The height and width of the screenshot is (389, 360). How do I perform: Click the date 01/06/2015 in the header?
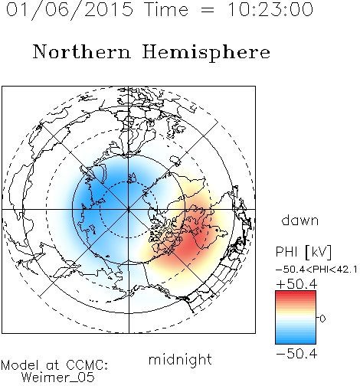coord(70,10)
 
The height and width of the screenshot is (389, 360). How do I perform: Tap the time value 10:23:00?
coord(270,9)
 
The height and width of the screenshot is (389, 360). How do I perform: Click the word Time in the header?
coord(166,9)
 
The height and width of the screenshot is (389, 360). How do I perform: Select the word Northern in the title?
coord(81,51)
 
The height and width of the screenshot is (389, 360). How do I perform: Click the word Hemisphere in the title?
coord(206,53)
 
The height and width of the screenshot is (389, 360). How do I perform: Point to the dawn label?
coord(300,220)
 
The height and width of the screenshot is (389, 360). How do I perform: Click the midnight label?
coord(180,360)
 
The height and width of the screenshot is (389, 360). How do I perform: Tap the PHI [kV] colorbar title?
coord(303,252)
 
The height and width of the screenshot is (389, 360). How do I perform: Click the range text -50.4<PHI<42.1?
coord(316,270)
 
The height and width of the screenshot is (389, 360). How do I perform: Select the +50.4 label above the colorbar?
coord(296,284)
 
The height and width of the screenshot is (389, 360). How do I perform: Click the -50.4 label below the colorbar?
coord(296,354)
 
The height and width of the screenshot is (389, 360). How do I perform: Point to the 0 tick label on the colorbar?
coord(322,319)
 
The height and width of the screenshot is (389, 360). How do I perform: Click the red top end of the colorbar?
coord(296,293)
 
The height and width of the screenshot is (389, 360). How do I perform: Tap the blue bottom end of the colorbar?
coord(296,341)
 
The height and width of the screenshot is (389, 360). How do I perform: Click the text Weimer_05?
coord(58,377)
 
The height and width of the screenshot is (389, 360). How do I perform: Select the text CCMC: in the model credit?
coord(87,365)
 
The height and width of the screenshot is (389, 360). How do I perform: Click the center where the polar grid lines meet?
coord(129,210)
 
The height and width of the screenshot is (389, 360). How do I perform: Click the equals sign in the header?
coord(208,10)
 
